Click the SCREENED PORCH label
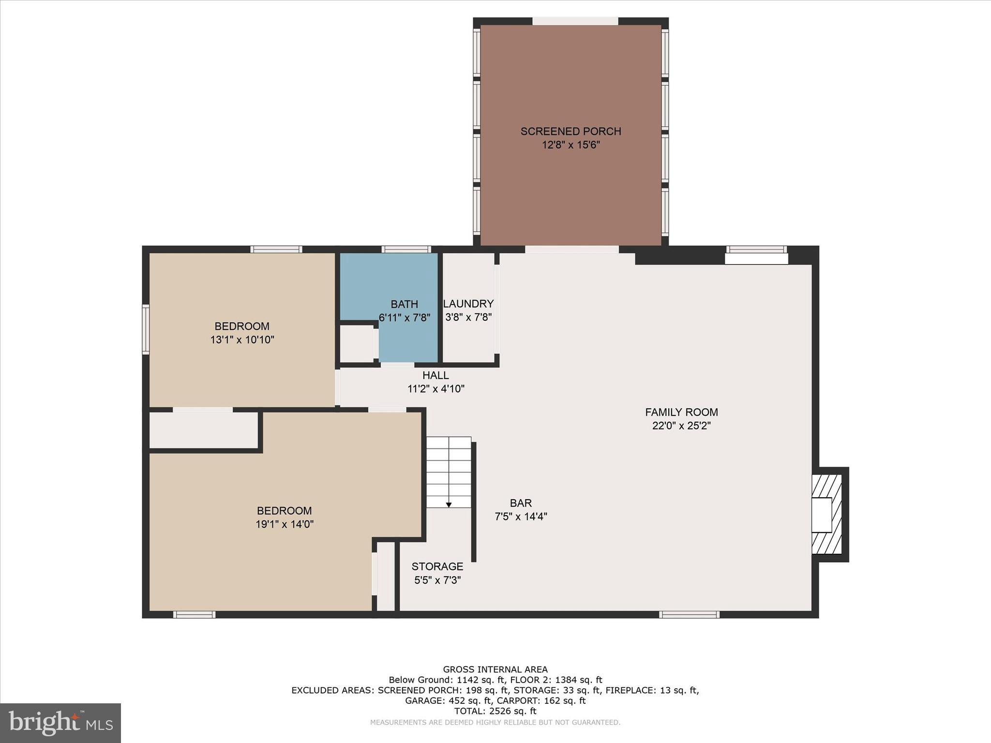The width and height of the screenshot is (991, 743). tap(571, 131)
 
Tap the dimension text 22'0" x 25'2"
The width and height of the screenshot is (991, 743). tap(681, 426)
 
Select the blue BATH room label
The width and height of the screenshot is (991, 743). tap(404, 304)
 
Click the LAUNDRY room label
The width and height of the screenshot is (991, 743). tap(468, 304)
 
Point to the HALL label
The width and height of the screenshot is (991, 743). tap(435, 375)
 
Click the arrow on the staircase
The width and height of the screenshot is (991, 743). tap(449, 505)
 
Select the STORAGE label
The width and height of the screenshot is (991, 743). tap(437, 566)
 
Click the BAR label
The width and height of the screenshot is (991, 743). tap(521, 503)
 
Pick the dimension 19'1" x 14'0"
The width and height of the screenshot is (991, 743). tap(285, 524)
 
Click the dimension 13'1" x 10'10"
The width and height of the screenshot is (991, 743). tap(242, 340)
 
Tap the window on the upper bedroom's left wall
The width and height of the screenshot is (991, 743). tap(145, 329)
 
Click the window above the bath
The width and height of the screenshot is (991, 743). tap(406, 250)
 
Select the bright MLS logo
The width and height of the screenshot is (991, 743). tap(60, 723)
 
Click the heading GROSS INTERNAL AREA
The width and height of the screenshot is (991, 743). tap(495, 669)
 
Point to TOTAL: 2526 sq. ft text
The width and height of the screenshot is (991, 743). tap(495, 711)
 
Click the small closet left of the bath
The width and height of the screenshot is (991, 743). tap(357, 344)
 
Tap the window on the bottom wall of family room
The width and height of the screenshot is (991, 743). tap(689, 615)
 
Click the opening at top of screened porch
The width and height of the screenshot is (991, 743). tap(575, 21)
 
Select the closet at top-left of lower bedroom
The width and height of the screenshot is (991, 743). tap(203, 430)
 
